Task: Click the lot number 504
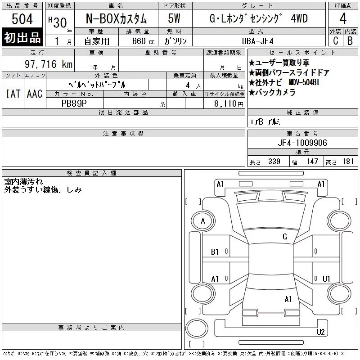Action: (x=22, y=18)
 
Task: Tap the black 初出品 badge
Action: (x=22, y=37)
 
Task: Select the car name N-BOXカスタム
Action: (x=116, y=18)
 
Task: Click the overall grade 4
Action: (x=343, y=18)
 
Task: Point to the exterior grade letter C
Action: (x=336, y=41)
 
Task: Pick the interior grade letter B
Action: (x=350, y=41)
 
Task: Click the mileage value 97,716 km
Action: (x=49, y=64)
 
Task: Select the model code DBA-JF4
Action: (x=258, y=41)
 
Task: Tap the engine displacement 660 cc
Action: (x=143, y=41)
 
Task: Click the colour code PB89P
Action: (x=74, y=103)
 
